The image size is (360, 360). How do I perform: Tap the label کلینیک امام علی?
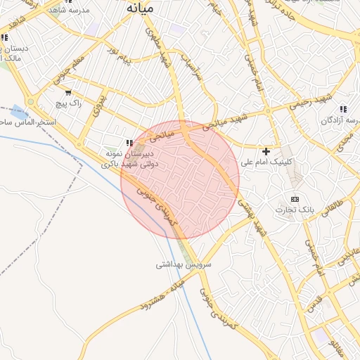point(266,162)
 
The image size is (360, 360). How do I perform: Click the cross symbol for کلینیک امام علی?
point(266,151)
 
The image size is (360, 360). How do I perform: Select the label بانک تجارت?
point(294,210)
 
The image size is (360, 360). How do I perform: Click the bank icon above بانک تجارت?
point(294,199)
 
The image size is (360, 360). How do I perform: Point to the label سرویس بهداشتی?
point(179,265)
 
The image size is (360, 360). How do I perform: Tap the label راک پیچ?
point(68,103)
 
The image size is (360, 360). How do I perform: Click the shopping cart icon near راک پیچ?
point(67,92)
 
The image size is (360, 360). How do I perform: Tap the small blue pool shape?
point(20,111)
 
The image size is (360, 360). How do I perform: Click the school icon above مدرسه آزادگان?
point(342,109)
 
